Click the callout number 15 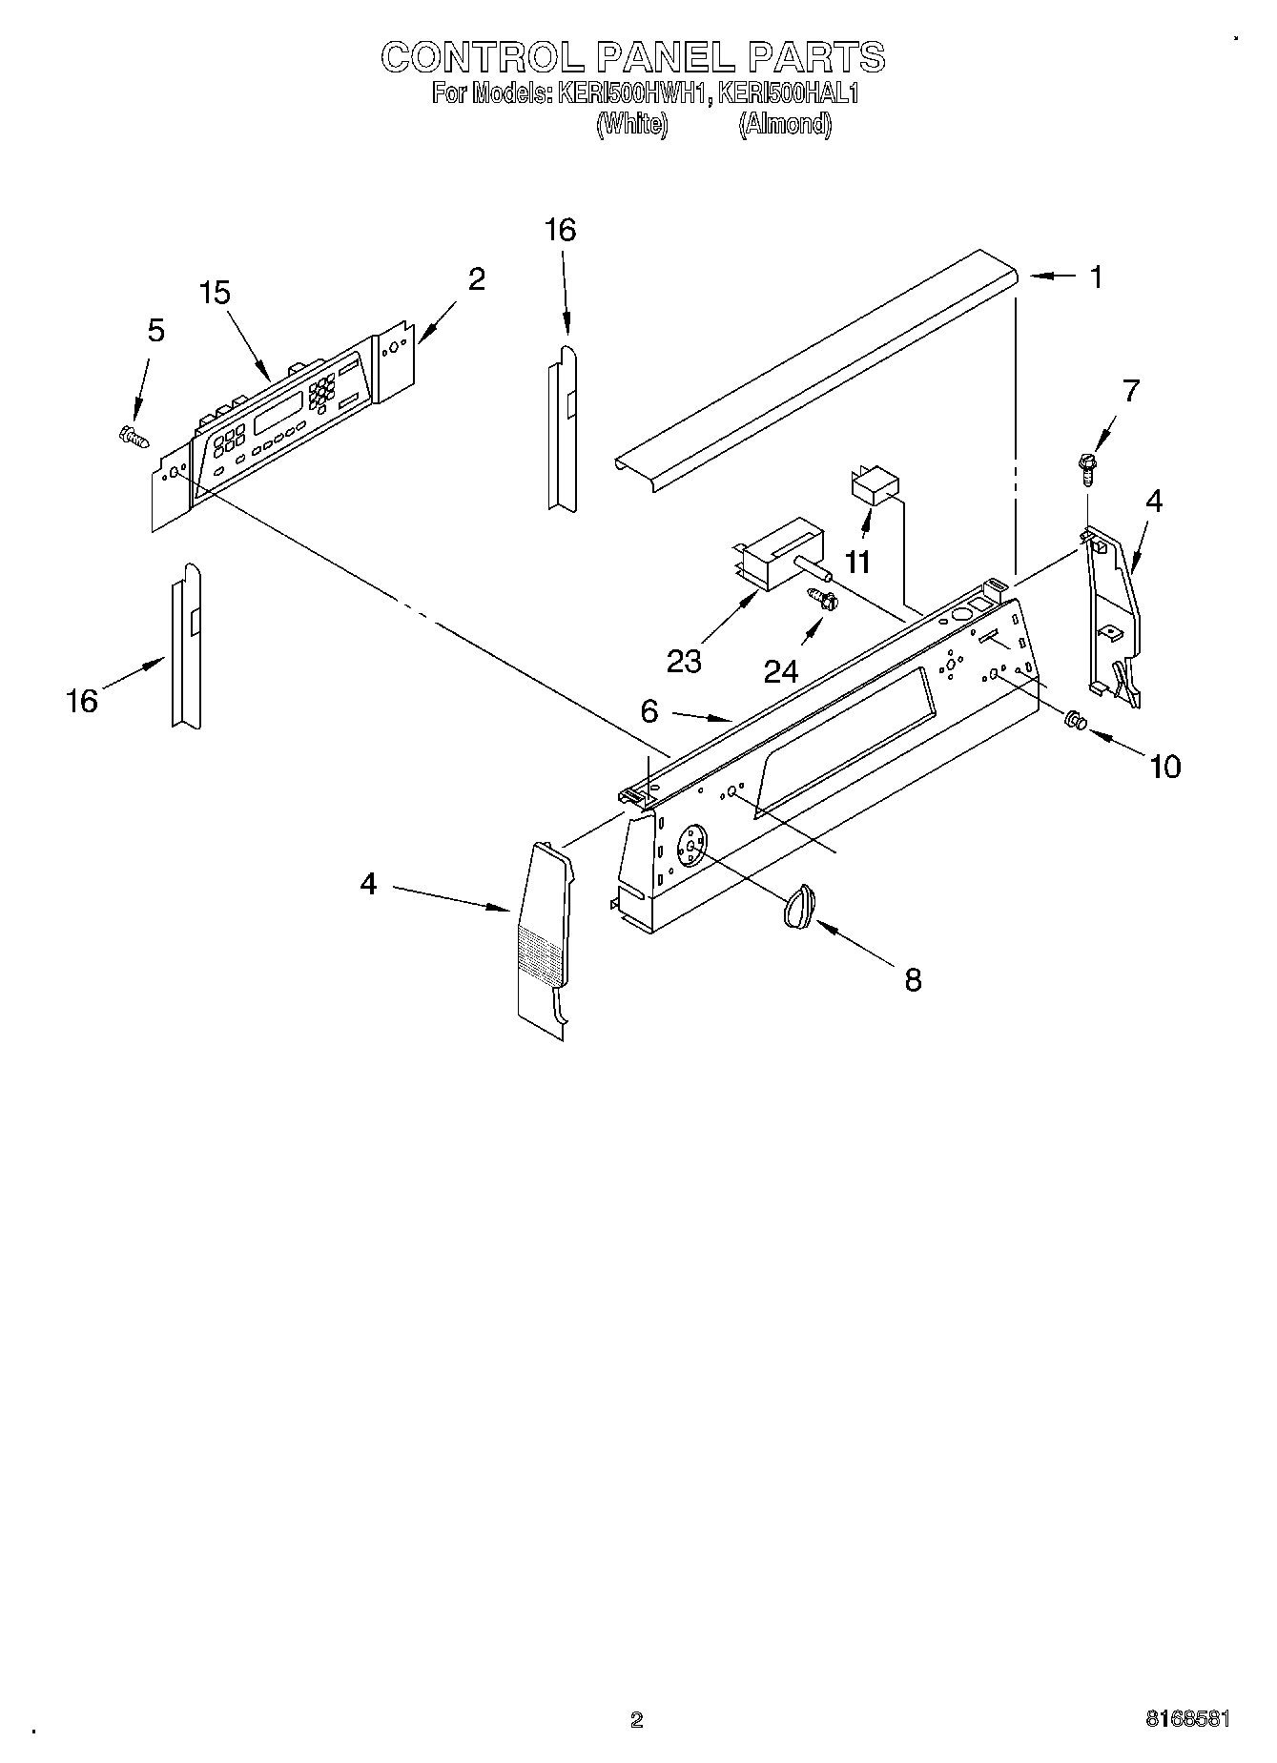(216, 293)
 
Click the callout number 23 (684, 661)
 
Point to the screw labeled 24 (823, 601)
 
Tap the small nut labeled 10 (1074, 723)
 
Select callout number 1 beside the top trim (1097, 277)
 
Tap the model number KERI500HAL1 (789, 93)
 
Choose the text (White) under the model (631, 124)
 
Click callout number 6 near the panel (649, 710)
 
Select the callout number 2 (476, 278)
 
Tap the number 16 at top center (560, 230)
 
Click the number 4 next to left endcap (368, 884)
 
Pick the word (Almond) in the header (785, 124)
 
